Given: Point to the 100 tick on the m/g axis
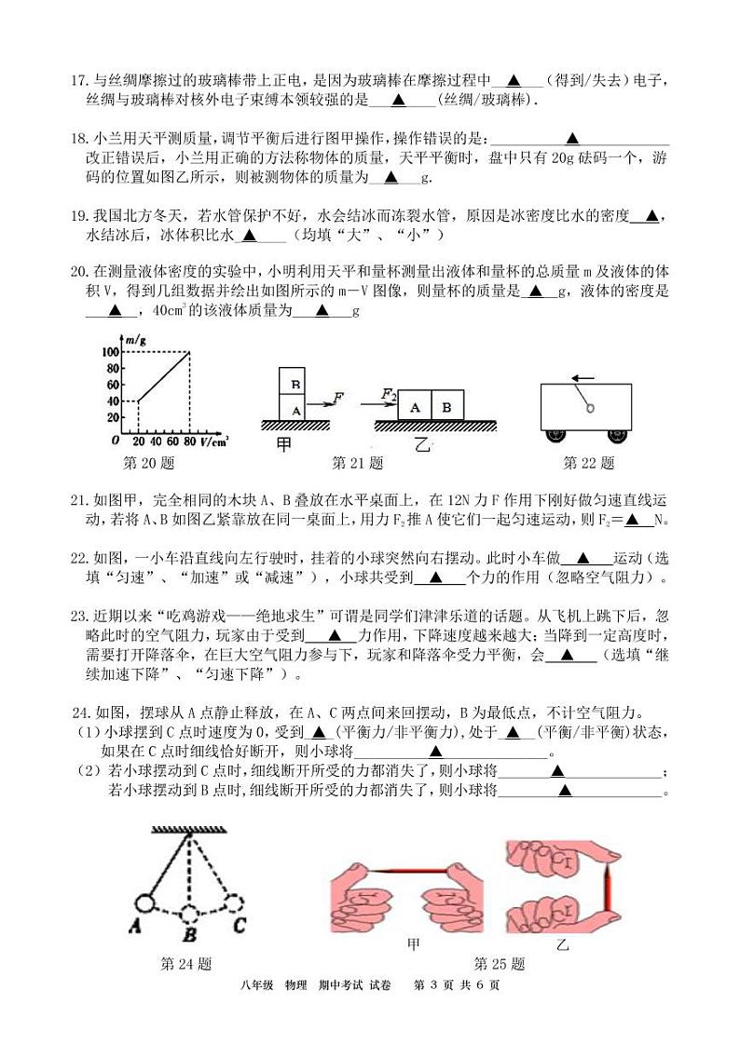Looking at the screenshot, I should pyautogui.click(x=110, y=352).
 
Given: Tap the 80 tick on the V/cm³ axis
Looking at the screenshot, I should pyautogui.click(x=190, y=441).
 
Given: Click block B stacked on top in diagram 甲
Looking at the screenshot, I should pyautogui.click(x=295, y=383).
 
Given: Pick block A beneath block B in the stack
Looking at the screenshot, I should pyautogui.click(x=295, y=409).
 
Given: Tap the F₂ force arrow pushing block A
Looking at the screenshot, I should pyautogui.click(x=391, y=398).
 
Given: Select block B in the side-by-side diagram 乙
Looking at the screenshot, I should pyautogui.click(x=446, y=408).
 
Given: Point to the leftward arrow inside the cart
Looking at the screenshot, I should pyautogui.click(x=584, y=378).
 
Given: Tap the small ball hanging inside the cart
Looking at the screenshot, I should pyautogui.click(x=589, y=406).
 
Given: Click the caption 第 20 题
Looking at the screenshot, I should pyautogui.click(x=149, y=463).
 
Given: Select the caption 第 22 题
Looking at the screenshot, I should pyautogui.click(x=588, y=463).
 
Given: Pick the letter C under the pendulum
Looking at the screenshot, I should pyautogui.click(x=240, y=926).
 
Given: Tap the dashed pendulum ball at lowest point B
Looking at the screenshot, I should pyautogui.click(x=189, y=913).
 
